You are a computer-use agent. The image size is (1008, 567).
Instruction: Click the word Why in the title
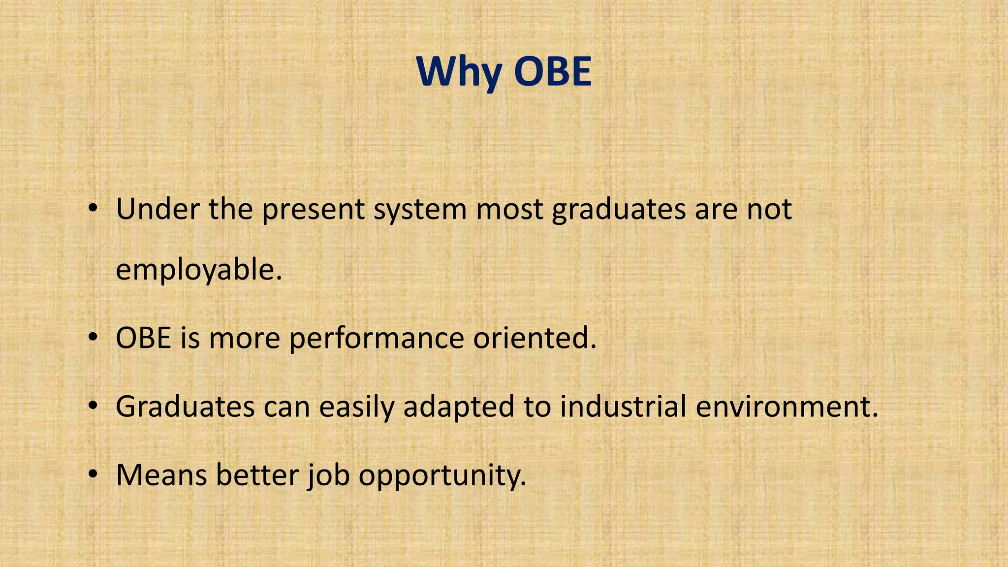pos(458,73)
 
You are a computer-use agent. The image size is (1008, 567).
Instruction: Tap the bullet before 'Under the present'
pos(93,209)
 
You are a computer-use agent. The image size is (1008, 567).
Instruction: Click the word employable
pos(198,271)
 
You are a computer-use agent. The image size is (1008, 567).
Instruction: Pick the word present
pos(313,210)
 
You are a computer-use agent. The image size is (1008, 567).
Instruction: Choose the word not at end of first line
pos(769,209)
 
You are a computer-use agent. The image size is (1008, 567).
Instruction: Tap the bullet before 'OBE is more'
pos(93,338)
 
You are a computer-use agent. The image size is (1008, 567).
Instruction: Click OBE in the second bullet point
pos(143,338)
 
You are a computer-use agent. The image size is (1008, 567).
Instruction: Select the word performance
pos(377,339)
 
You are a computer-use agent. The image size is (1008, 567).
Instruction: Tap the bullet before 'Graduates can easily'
pos(93,407)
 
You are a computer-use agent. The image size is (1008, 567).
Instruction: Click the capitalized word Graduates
pos(185,407)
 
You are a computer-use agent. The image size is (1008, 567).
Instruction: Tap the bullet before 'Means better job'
pos(93,475)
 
